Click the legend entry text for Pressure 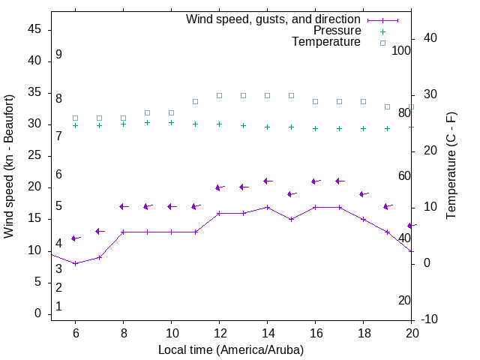tap(337, 31)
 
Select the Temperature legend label tap(326, 42)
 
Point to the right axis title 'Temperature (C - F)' tap(451, 166)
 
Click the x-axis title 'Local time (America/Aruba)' tap(231, 349)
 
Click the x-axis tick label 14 tap(267, 332)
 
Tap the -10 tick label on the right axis tap(430, 319)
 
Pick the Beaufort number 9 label tap(58, 55)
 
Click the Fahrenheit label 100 tap(401, 51)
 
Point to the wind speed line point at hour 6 tap(75, 263)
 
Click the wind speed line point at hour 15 tap(291, 219)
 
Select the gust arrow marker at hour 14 tap(267, 181)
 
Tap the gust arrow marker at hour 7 tap(99, 231)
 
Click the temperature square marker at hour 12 tap(219, 95)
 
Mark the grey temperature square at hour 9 tap(147, 112)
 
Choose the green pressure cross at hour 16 tap(315, 128)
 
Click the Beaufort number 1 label tap(58, 307)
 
